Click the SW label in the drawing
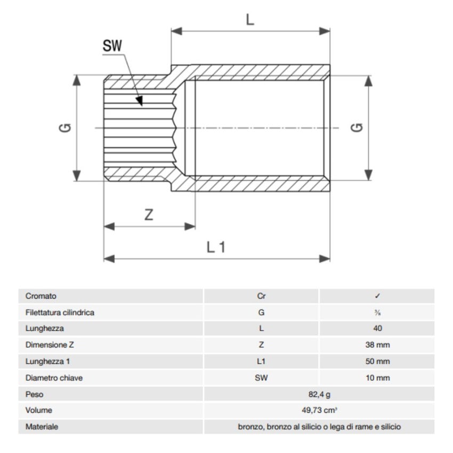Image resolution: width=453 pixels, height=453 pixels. click(112, 46)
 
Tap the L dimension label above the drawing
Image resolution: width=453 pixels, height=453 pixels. click(250, 20)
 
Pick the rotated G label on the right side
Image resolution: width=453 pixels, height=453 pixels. click(359, 128)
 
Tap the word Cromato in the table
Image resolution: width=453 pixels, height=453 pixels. click(41, 296)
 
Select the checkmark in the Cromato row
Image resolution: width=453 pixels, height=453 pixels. click(377, 296)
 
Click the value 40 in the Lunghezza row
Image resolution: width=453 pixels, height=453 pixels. click(377, 329)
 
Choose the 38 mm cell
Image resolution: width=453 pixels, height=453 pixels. click(377, 345)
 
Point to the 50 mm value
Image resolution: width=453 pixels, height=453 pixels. click(377, 362)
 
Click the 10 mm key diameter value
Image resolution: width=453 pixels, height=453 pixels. click(377, 378)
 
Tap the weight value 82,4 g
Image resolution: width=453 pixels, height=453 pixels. click(319, 395)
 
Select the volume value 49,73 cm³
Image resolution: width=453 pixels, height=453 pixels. click(319, 411)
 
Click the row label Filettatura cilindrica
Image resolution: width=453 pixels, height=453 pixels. click(60, 313)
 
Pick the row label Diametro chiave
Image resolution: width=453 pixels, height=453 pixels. click(54, 378)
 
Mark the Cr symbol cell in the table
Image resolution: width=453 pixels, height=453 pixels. click(261, 296)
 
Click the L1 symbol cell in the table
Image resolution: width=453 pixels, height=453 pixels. click(261, 362)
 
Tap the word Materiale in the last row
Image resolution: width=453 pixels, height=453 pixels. click(42, 427)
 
